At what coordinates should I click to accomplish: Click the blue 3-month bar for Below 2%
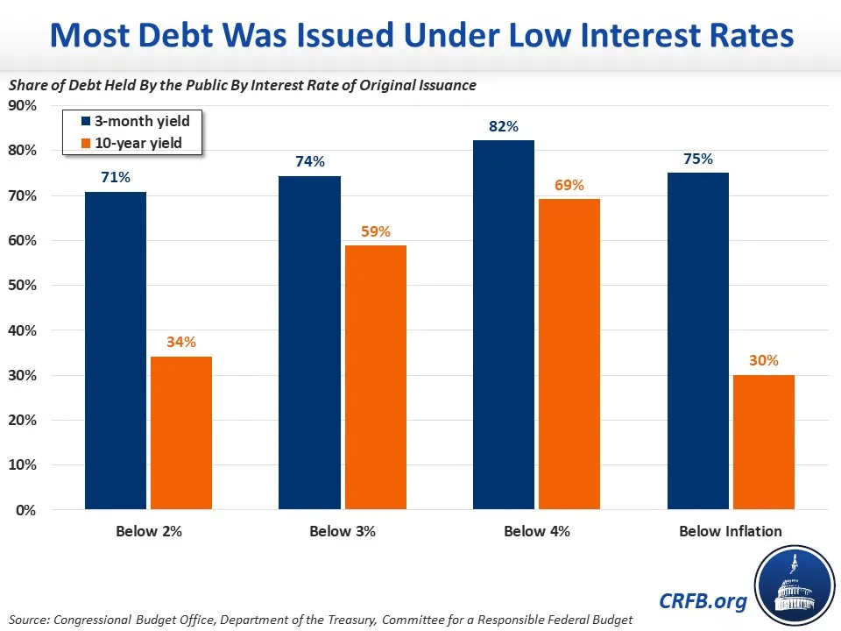click(116, 351)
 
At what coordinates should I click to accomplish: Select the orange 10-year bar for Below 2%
click(181, 433)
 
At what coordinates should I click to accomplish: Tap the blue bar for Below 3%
click(310, 343)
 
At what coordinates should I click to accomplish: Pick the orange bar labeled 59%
click(376, 378)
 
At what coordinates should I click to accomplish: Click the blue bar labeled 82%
click(504, 325)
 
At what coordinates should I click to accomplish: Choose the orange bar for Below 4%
click(569, 354)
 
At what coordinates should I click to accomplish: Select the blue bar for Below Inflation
click(698, 341)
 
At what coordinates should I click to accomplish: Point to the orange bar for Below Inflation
click(764, 443)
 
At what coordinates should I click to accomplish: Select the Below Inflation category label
click(731, 531)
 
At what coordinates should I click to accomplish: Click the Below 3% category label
click(343, 531)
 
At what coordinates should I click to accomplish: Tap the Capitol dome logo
click(795, 585)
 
